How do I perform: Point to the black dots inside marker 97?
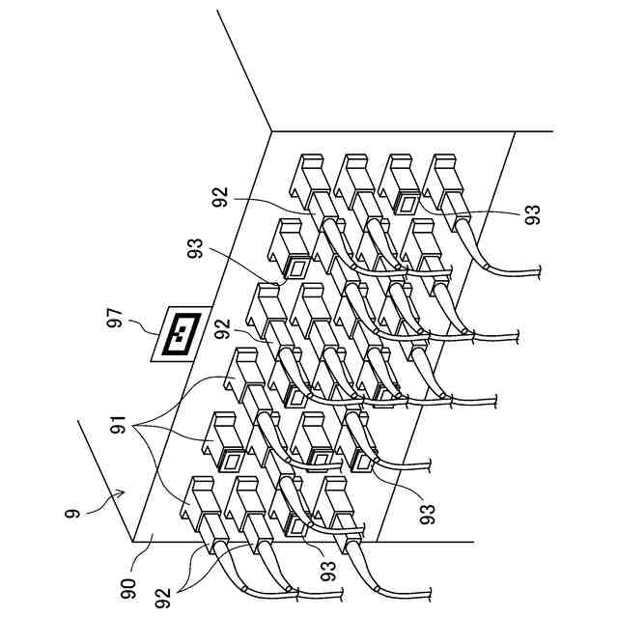coord(181,334)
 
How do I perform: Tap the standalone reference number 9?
coord(71,513)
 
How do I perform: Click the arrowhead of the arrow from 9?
coord(123,492)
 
